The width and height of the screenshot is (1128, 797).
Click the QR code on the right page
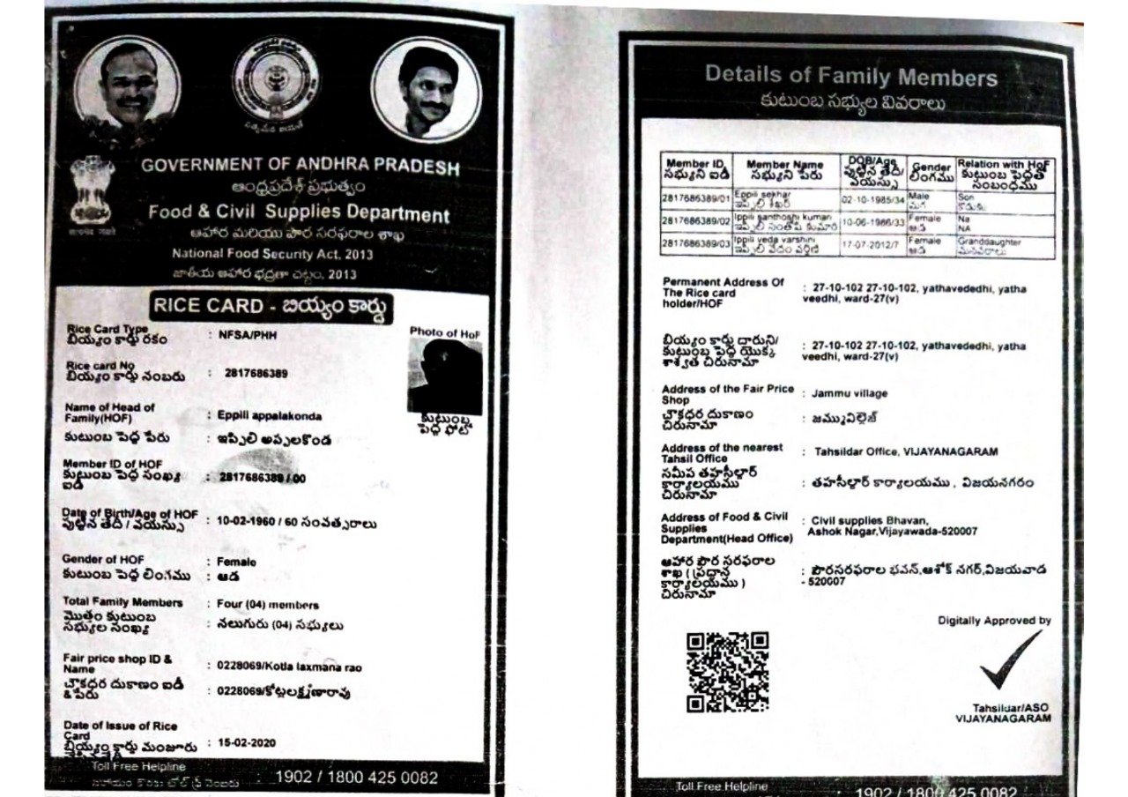(x=728, y=671)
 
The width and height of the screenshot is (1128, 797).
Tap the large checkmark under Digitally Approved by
(x=1010, y=659)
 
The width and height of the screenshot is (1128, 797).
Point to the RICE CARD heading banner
(x=271, y=307)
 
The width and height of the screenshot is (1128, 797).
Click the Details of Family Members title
(x=850, y=77)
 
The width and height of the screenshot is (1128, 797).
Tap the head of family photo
(x=446, y=376)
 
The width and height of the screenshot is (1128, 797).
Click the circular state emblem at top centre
(x=274, y=81)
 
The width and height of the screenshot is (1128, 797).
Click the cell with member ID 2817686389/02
(x=696, y=221)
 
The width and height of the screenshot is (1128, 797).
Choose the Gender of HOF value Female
(x=237, y=562)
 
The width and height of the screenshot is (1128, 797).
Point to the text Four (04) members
(x=268, y=605)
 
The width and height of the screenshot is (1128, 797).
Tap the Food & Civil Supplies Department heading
(x=299, y=213)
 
